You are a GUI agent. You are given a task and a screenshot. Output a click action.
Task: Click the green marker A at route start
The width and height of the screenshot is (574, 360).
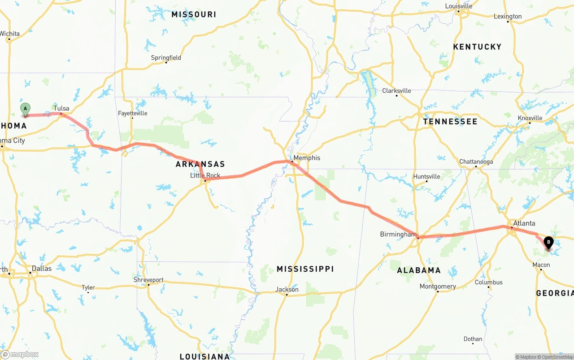pos(26,109)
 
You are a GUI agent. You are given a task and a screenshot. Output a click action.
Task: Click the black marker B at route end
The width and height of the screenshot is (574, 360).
pos(548,243)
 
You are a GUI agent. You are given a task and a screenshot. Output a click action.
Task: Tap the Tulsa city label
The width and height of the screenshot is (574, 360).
pos(61,108)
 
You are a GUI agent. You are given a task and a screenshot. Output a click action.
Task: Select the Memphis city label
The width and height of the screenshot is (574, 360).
pos(307,158)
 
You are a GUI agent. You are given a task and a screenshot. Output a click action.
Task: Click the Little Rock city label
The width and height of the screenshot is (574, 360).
pos(205,175)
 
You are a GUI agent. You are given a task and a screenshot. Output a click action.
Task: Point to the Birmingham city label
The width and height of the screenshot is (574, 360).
pos(398,234)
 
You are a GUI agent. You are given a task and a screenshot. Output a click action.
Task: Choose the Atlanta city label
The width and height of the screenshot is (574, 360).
pos(524,223)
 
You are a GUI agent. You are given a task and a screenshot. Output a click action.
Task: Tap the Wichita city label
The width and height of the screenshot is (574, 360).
pos(9,34)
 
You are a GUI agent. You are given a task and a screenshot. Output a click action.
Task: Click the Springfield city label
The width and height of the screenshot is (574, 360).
pos(166,58)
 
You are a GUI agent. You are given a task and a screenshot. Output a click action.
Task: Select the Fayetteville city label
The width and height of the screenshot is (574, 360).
pos(132,113)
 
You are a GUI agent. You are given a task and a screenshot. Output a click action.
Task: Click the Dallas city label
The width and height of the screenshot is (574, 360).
pos(41,269)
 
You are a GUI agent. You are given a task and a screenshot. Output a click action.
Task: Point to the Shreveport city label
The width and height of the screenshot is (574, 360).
pos(148,280)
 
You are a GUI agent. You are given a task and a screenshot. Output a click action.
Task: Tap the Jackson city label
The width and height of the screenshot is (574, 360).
pos(287,290)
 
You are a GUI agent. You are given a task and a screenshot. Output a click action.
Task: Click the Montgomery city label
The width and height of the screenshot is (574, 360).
pos(438,286)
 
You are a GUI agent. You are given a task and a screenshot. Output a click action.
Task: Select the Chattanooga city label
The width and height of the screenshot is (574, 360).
pos(476,162)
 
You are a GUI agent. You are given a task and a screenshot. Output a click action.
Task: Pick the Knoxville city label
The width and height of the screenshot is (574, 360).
pos(530,118)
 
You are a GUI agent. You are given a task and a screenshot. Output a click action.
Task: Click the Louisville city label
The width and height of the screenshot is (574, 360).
pos(458,6)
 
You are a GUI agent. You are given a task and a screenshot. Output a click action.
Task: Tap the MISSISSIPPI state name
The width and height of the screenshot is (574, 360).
pos(305,269)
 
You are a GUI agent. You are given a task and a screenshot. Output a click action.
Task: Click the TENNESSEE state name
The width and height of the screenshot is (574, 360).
pos(450,121)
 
